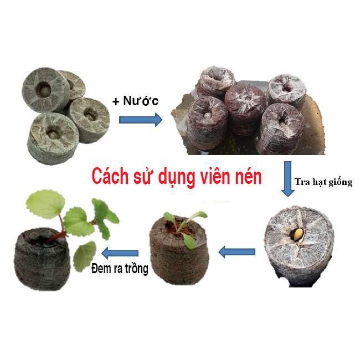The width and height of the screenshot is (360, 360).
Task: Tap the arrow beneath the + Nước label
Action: point(141,119)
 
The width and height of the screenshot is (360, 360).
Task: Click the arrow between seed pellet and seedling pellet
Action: point(236,252)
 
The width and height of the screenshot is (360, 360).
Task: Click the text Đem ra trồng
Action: point(119,270)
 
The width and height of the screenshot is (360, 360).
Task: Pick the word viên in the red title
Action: point(217,179)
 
